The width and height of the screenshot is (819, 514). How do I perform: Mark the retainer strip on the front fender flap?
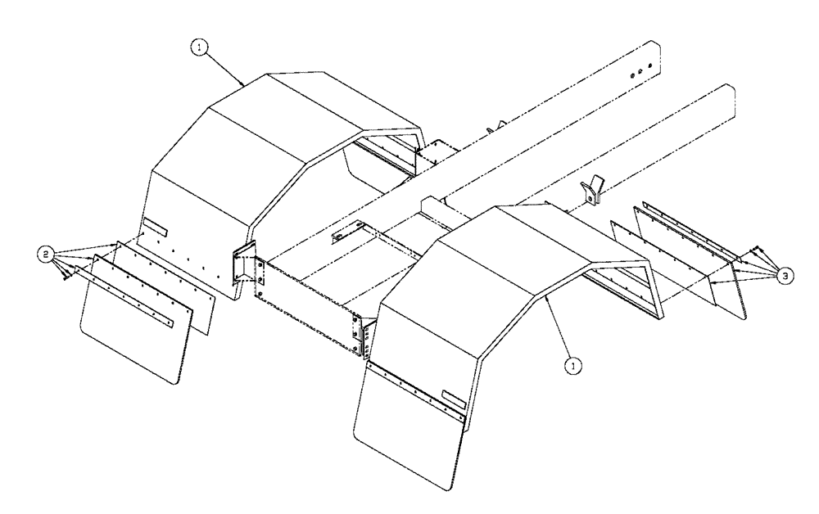[416, 390]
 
